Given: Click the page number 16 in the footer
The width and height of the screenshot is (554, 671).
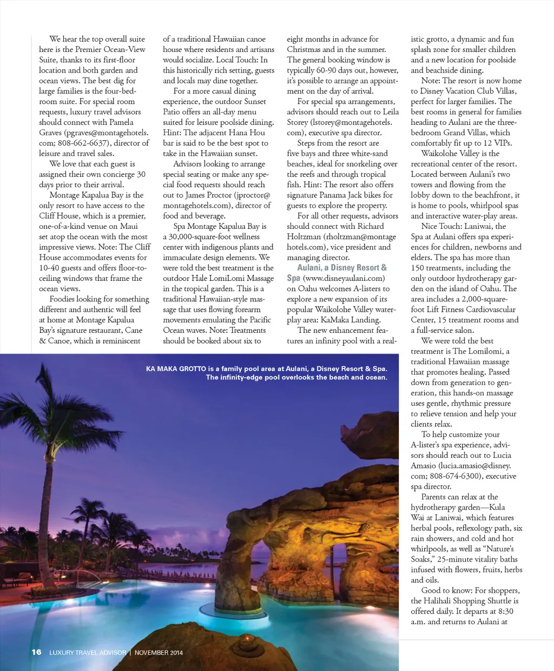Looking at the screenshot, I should click(36, 652).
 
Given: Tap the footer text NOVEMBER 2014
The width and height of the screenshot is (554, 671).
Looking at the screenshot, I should click(159, 653).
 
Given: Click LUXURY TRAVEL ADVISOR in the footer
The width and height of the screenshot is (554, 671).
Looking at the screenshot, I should click(88, 653).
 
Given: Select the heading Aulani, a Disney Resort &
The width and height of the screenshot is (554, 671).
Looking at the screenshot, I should click(342, 267).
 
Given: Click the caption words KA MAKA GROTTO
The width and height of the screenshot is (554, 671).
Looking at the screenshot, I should click(176, 369).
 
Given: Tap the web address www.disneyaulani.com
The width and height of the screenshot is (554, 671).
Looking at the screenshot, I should click(344, 278).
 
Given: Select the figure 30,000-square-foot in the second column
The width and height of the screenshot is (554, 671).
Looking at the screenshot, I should click(206, 236).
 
